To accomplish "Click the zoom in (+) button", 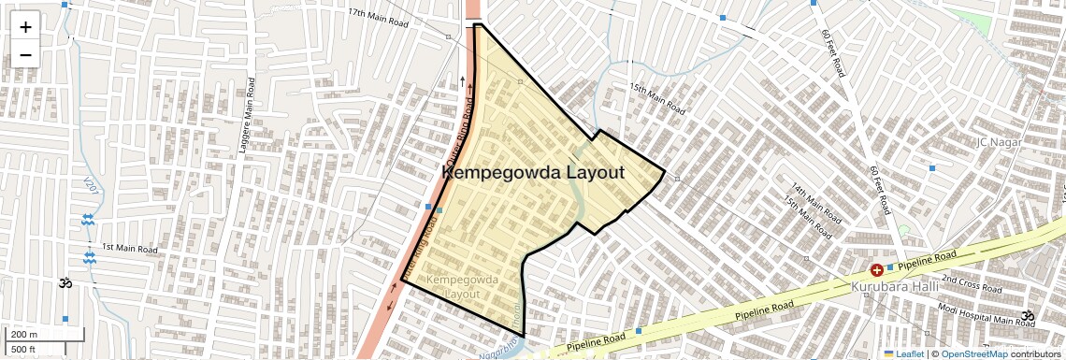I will point(25,26).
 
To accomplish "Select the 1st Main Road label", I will point(130,248).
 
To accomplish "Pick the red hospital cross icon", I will point(863,269).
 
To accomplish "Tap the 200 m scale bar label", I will point(24,335).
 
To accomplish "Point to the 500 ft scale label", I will point(23,350).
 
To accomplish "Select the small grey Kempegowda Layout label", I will point(455,286).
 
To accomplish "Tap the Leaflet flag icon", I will point(889,353).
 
